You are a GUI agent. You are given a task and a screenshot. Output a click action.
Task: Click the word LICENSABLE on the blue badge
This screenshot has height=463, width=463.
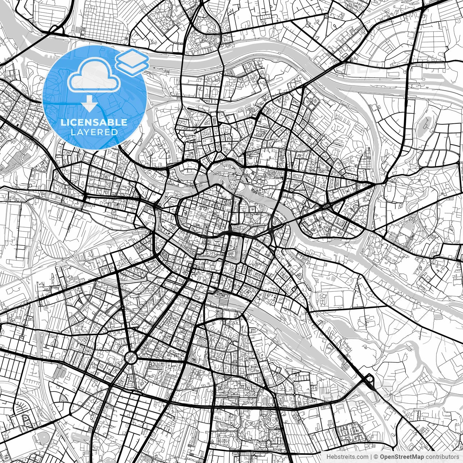point(94,122)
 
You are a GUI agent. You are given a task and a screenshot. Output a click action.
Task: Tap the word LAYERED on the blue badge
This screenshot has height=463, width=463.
point(94,132)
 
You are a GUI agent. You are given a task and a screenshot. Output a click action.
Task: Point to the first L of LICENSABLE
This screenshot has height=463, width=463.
point(63,122)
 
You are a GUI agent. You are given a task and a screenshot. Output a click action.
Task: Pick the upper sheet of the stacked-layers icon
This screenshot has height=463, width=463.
point(132,57)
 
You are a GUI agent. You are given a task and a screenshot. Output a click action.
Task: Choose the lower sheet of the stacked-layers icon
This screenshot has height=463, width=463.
point(132,66)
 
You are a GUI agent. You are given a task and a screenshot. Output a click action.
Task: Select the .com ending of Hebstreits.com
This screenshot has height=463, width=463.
point(362,456)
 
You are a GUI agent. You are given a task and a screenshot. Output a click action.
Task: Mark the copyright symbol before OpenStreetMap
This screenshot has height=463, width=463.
point(376,456)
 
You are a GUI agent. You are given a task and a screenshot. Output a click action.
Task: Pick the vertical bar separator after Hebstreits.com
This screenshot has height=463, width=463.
point(371,456)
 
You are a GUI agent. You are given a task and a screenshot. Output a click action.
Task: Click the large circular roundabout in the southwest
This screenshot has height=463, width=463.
point(131,358)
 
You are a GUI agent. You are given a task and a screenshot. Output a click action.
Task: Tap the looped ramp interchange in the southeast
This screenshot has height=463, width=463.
point(369,379)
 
